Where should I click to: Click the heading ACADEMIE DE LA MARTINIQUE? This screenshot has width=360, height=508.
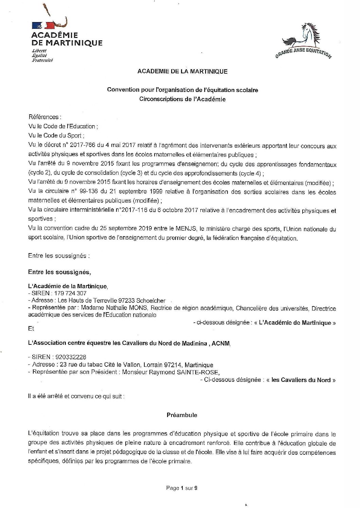182,72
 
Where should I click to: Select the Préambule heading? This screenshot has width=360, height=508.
182,415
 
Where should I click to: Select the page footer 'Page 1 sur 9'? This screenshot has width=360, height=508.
182,488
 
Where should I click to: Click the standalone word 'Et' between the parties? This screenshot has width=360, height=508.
31,329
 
